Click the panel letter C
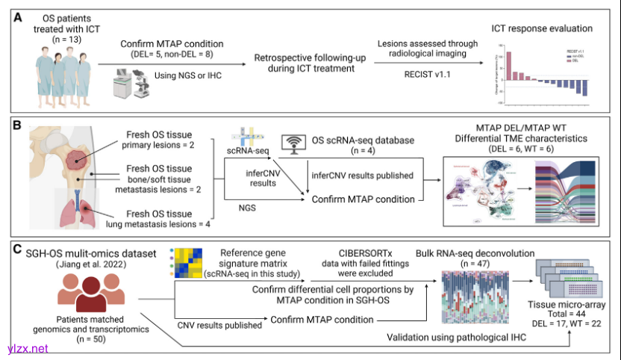[x=16, y=246]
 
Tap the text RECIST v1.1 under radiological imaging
[x=419, y=75]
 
